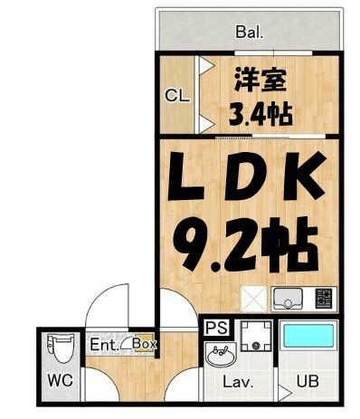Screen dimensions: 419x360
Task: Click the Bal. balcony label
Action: coord(250,33)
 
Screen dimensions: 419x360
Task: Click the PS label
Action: coord(216,329)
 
